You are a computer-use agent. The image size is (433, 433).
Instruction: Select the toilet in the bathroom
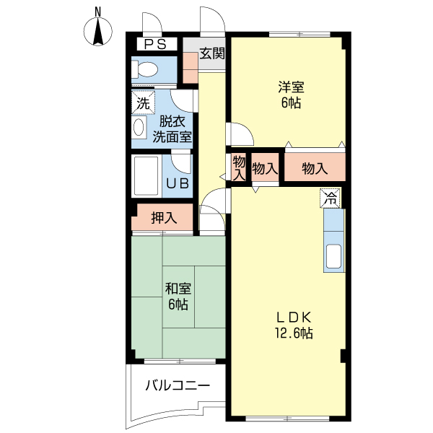pyautogui.click(x=145, y=70)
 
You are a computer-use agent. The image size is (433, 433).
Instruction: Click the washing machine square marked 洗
pyautogui.click(x=143, y=103)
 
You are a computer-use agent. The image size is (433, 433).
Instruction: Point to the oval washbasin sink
pyautogui.click(x=139, y=128)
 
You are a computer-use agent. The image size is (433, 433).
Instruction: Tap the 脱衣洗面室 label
pyautogui.click(x=172, y=128)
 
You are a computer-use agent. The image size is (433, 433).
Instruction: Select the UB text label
pyautogui.click(x=178, y=183)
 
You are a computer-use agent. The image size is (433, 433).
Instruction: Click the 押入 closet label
pyautogui.click(x=164, y=217)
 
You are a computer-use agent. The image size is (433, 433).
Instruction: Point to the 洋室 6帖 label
pyautogui.click(x=292, y=95)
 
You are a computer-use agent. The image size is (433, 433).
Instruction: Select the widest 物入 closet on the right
pyautogui.click(x=315, y=168)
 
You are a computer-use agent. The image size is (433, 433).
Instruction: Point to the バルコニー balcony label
pyautogui.click(x=178, y=385)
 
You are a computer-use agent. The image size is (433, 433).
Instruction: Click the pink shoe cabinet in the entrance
pyautogui.click(x=190, y=66)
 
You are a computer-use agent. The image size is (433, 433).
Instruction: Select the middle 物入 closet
pyautogui.click(x=265, y=169)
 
